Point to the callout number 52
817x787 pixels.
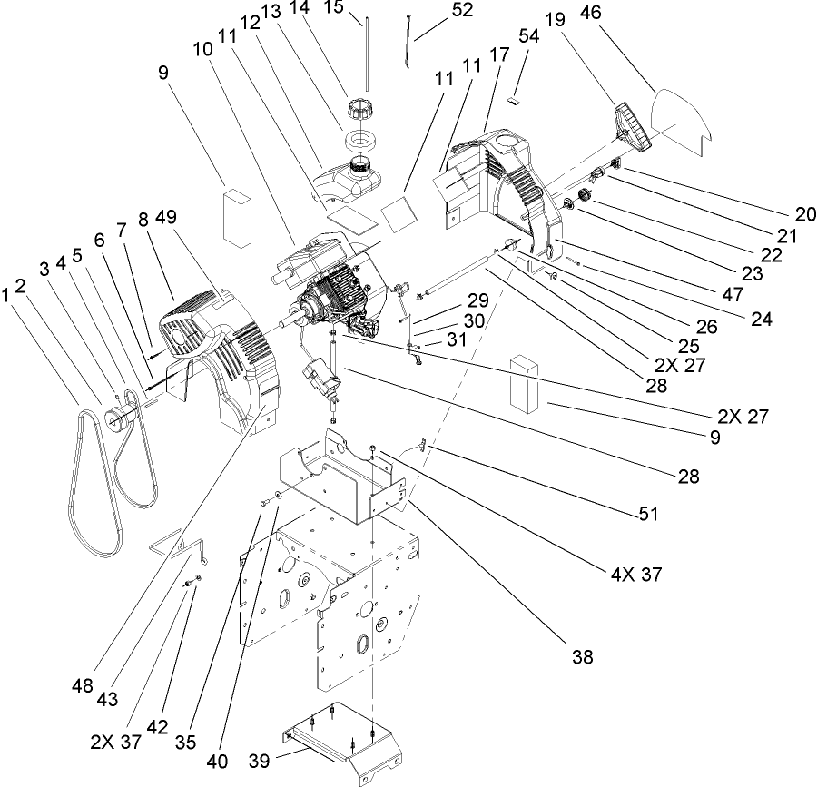coord(462,10)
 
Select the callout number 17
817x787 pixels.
coord(499,54)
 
